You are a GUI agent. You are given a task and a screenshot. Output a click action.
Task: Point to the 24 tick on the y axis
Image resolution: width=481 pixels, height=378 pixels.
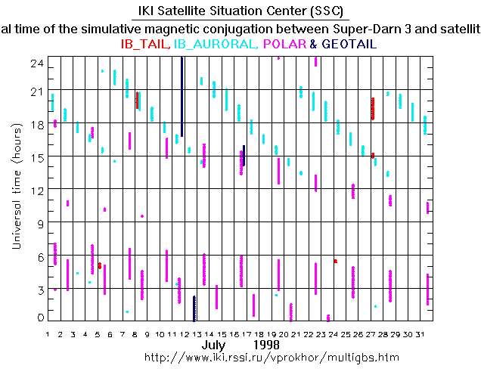coord(32,64)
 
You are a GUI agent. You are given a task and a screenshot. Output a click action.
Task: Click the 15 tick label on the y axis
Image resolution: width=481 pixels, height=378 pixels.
coord(32,156)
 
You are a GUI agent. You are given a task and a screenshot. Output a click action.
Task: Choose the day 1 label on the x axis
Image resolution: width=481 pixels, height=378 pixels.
coord(48,333)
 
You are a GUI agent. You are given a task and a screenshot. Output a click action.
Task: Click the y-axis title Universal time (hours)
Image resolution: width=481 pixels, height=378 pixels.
coord(17,189)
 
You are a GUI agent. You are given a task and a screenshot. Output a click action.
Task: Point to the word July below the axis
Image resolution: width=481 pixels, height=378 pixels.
coord(215,345)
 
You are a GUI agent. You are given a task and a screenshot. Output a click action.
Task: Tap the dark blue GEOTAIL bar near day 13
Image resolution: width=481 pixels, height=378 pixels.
coord(194,308)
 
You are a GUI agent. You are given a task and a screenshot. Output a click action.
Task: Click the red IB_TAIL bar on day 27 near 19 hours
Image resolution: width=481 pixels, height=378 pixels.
coord(372,108)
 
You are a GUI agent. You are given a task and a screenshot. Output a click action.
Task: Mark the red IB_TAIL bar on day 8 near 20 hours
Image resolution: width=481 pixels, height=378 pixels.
coord(137,100)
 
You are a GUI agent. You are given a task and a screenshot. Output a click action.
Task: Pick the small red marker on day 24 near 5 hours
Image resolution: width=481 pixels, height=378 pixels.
coord(335,261)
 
